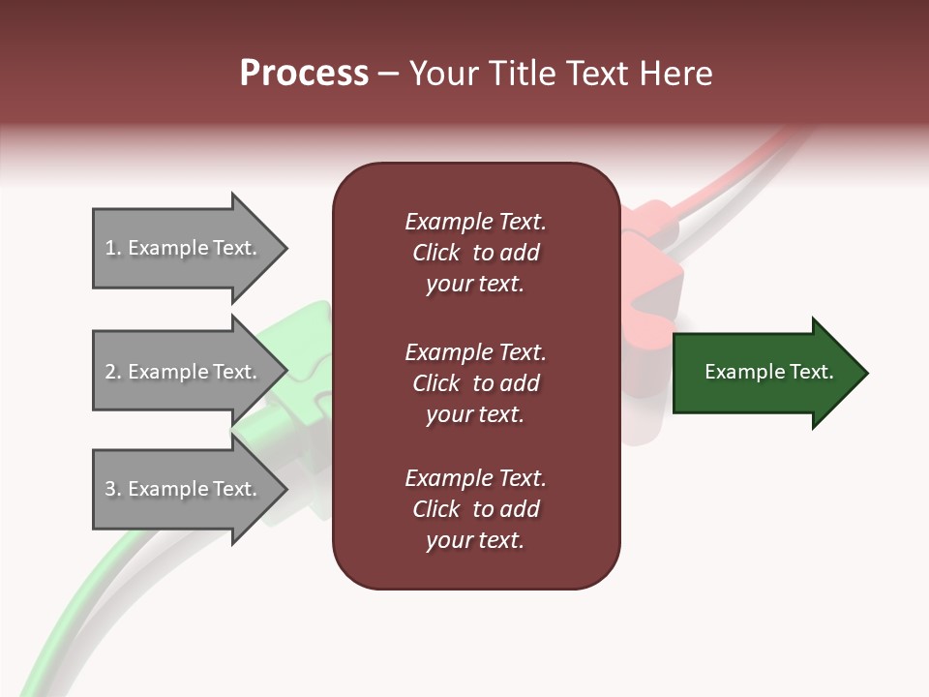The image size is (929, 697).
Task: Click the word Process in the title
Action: [304, 74]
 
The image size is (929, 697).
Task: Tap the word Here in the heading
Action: [676, 74]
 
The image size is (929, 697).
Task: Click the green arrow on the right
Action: [764, 373]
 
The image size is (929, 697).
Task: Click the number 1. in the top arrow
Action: [113, 249]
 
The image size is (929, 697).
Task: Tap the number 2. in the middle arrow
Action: [113, 372]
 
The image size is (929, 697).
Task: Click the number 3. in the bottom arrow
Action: [113, 490]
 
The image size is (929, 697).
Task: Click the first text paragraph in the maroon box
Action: [475, 253]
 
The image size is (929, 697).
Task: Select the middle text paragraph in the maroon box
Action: [475, 383]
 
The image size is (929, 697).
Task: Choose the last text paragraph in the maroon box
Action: [475, 509]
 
